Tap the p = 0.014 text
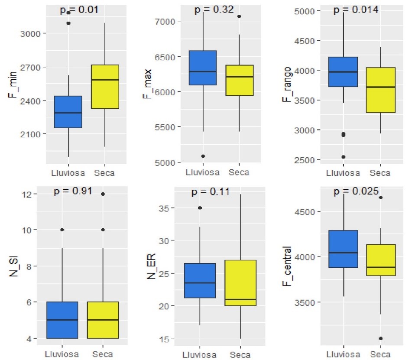[x=356, y=10]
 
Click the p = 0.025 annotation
[x=356, y=191]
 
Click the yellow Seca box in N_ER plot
[x=240, y=283]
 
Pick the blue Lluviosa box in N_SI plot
[x=62, y=320]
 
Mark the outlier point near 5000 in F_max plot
[x=203, y=156]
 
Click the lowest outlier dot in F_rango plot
[x=343, y=157]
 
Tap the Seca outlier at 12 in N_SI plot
[x=103, y=194]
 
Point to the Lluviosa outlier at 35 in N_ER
[x=200, y=208]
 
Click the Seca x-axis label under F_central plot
[x=380, y=354]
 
